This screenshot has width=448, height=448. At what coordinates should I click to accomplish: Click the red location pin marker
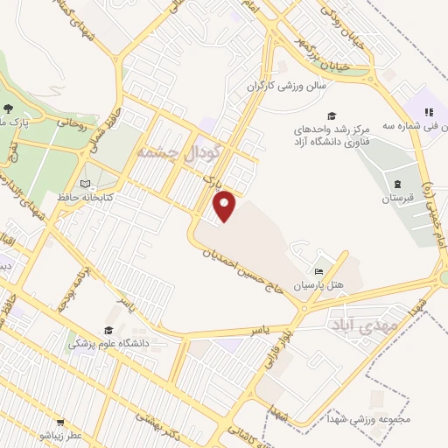[226, 206]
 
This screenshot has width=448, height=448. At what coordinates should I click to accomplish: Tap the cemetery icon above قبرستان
[397, 185]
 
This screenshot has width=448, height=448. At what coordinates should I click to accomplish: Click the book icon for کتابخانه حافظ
[85, 185]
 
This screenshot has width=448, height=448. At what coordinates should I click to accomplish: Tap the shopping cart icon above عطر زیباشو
[61, 422]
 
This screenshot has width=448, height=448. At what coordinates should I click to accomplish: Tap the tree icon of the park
[9, 109]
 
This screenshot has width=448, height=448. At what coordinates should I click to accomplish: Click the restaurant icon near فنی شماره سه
[429, 112]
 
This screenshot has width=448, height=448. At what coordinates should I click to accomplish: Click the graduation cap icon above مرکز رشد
[331, 116]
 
